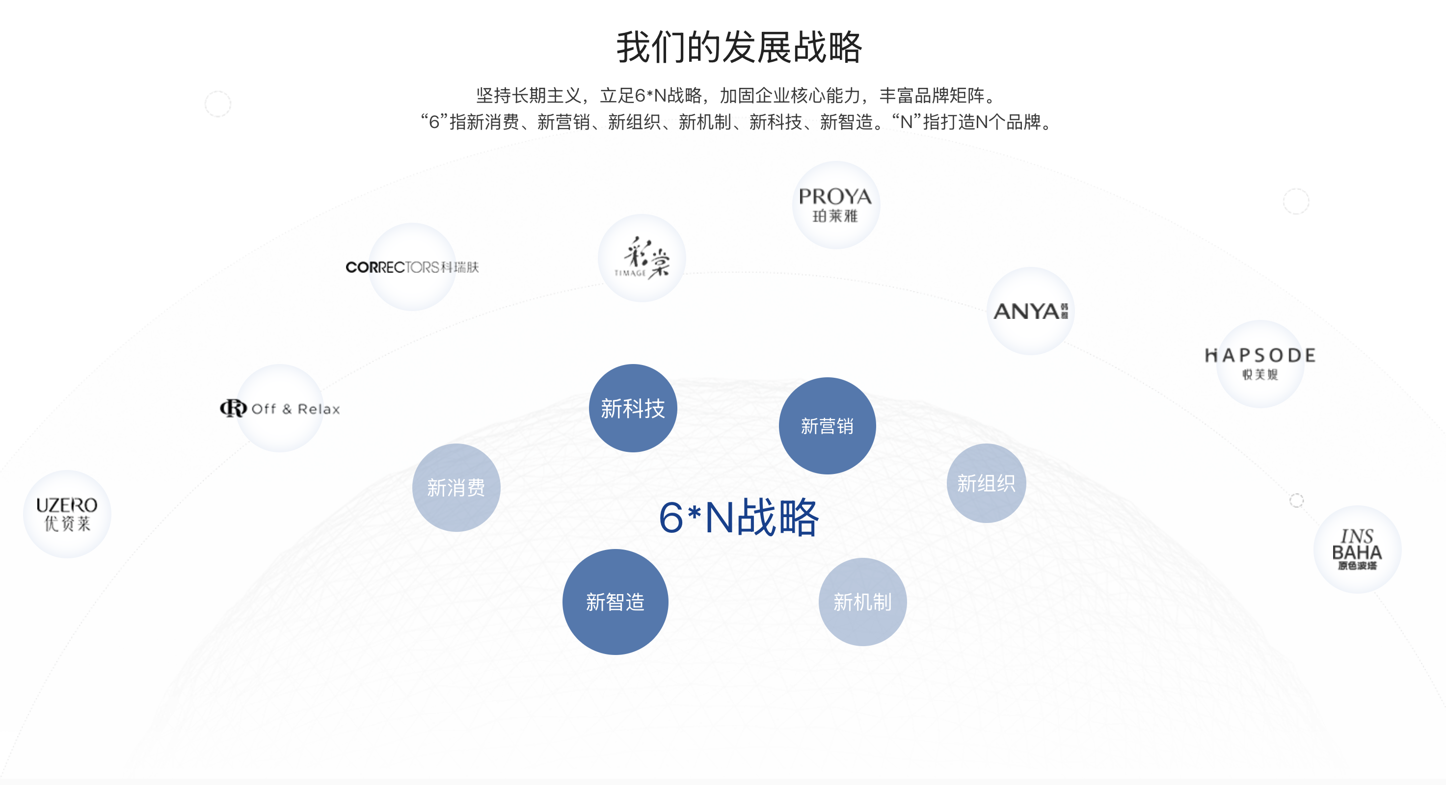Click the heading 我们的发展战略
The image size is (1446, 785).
point(739,47)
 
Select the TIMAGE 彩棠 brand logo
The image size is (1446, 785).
point(642,258)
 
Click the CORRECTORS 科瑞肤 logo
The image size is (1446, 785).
point(412,267)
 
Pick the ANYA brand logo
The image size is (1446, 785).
point(1030,311)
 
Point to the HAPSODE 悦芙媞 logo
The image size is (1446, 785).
point(1259,363)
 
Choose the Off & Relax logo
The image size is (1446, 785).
point(281,409)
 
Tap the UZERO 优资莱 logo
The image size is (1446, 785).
point(67,514)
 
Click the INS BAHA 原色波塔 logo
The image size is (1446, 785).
point(1357,549)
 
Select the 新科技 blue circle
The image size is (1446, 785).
point(633,408)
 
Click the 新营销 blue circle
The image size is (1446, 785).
point(827,426)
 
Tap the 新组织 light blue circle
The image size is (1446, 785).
point(986,483)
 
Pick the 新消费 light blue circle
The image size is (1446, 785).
point(456,488)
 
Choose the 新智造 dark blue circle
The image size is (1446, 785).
point(615,602)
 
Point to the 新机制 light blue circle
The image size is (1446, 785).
point(862,602)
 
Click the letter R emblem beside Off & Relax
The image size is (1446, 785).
point(233,408)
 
